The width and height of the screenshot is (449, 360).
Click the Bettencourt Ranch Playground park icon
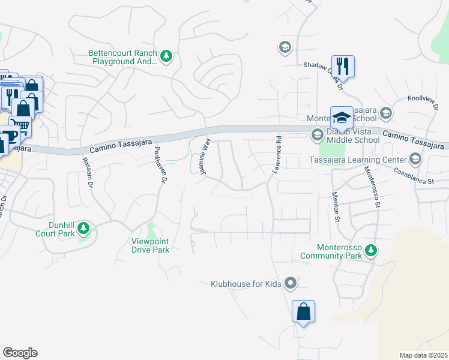(167, 57)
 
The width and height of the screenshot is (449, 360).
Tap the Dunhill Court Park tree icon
(83, 229)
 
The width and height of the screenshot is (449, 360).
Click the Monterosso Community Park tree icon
(371, 250)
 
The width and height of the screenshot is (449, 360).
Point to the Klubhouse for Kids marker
(291, 283)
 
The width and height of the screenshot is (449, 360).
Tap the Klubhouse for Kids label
(246, 283)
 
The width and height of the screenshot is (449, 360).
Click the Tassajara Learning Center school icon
(414, 159)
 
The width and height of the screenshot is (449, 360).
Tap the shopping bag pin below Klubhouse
(303, 311)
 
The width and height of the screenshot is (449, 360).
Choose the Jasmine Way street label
(206, 157)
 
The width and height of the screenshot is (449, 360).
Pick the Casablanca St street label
(413, 176)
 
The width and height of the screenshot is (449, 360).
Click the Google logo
(20, 353)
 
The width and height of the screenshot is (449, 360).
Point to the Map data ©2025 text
(423, 355)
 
